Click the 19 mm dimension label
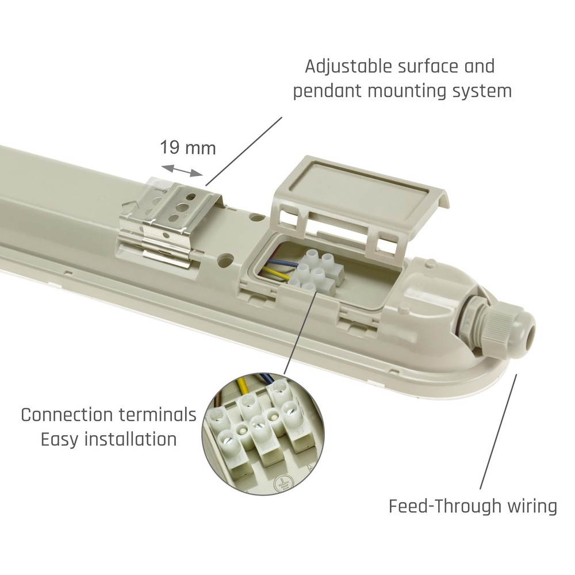(x=188, y=148)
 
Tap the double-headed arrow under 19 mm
(x=182, y=171)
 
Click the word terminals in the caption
(x=158, y=415)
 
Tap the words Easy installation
(x=109, y=439)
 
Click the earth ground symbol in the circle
(x=282, y=484)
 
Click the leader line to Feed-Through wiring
(x=498, y=432)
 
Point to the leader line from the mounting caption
(x=244, y=151)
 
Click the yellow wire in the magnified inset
(x=242, y=387)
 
